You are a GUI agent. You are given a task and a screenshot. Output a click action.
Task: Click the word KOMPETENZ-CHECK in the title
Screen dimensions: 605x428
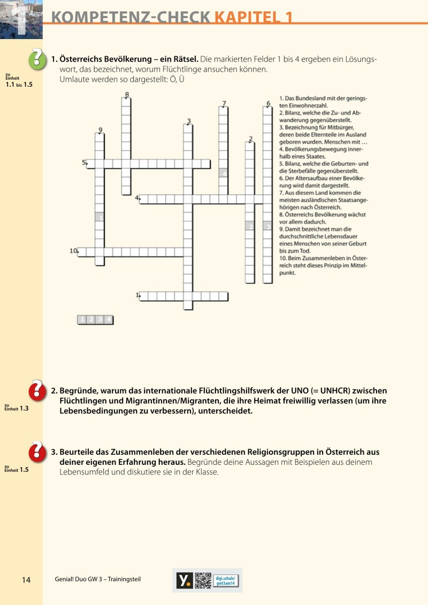pos(131,17)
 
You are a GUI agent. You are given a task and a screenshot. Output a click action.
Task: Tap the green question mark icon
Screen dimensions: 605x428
pos(37,59)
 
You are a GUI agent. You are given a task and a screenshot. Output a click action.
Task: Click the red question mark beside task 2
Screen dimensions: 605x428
pos(37,390)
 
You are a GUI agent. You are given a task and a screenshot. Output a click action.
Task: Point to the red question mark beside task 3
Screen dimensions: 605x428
pos(37,451)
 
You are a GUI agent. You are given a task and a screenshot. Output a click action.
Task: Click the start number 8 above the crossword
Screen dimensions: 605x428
pos(127,95)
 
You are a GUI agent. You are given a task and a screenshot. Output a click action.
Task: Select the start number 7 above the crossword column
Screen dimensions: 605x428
pos(224,104)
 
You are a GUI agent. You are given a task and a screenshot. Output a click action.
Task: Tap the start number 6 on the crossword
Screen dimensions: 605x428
pos(267,104)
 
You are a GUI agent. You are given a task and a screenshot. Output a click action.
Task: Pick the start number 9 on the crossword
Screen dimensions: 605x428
pos(100,129)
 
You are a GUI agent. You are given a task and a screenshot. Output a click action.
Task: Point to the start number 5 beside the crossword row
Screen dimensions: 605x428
pos(83,162)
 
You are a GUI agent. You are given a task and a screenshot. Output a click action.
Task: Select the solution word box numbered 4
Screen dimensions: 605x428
pos(109,320)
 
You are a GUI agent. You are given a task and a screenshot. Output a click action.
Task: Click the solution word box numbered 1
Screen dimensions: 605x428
pos(82,320)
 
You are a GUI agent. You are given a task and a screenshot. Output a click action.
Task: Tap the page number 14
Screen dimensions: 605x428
pos(27,580)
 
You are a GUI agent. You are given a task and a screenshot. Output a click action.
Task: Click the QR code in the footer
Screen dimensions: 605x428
pos(203,580)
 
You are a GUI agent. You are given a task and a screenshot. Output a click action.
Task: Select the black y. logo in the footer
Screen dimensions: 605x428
pos(185,580)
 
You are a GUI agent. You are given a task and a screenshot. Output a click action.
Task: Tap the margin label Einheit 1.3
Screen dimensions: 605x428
pos(17,408)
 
